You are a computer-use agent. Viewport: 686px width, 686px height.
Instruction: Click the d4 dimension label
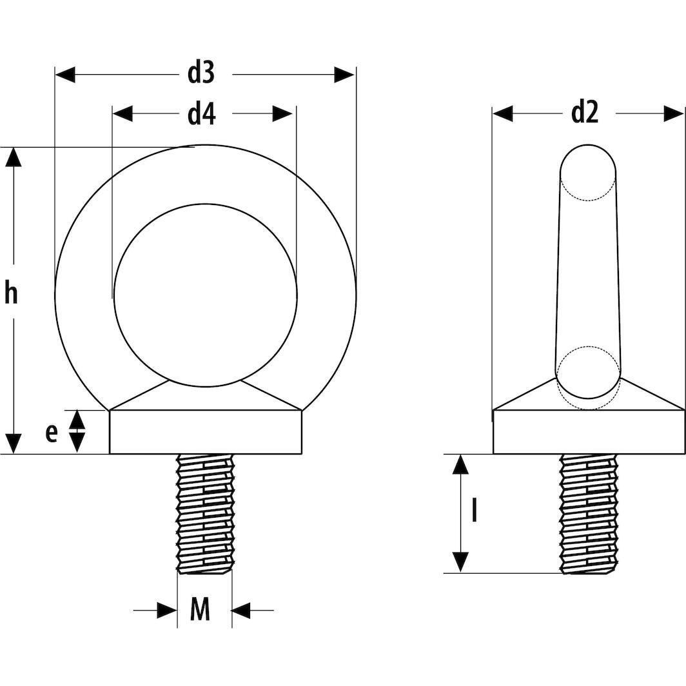click(201, 114)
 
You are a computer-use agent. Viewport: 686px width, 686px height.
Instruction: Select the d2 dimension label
click(585, 113)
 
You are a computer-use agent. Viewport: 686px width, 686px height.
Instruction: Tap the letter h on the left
click(11, 293)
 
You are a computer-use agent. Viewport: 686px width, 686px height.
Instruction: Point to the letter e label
click(52, 433)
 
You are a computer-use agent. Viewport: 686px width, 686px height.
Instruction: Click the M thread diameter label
click(201, 609)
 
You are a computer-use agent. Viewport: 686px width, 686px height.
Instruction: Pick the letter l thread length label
click(475, 512)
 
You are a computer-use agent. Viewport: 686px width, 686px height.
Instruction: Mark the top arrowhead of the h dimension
click(13, 157)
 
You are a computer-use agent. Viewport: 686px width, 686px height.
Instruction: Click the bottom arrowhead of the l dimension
click(460, 562)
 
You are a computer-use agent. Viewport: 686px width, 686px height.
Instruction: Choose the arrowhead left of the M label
click(166, 610)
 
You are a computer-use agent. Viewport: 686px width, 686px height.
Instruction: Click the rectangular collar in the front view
click(205, 433)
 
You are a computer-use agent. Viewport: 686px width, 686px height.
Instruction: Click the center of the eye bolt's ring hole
click(205, 295)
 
